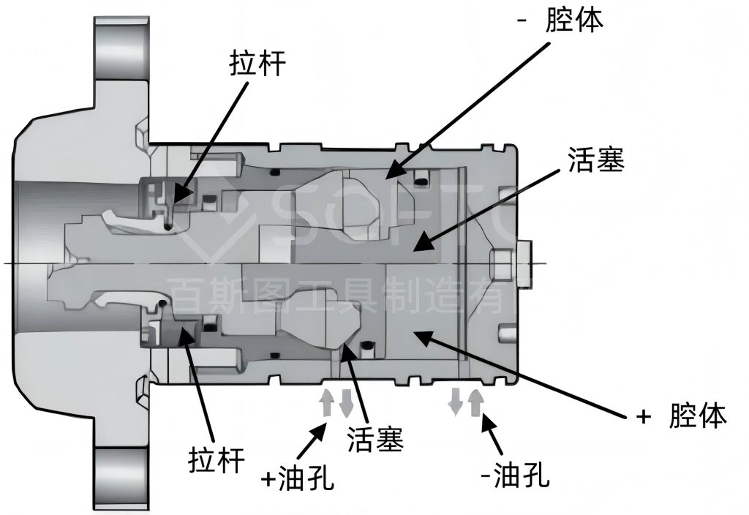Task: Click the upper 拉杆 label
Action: click(x=257, y=64)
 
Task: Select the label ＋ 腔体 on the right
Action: click(x=682, y=416)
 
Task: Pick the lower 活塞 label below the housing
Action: click(x=375, y=439)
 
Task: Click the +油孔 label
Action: click(x=298, y=477)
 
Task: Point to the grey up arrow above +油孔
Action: click(x=327, y=402)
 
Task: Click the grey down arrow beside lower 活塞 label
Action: click(x=346, y=402)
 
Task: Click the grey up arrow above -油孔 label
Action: click(x=475, y=402)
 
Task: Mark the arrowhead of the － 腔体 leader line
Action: click(x=393, y=172)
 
